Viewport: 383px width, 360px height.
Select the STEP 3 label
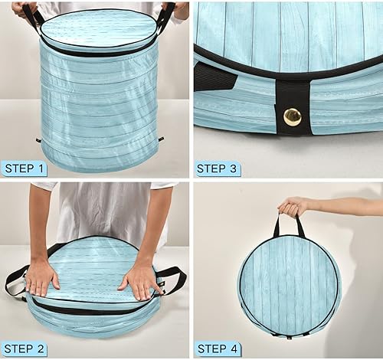pos(221,168)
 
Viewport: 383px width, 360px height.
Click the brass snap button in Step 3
pos(292,116)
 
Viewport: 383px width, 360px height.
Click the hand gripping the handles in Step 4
pos(293,207)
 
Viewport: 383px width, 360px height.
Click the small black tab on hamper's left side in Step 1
pos(38,139)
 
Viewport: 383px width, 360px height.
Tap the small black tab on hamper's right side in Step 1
pos(160,139)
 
